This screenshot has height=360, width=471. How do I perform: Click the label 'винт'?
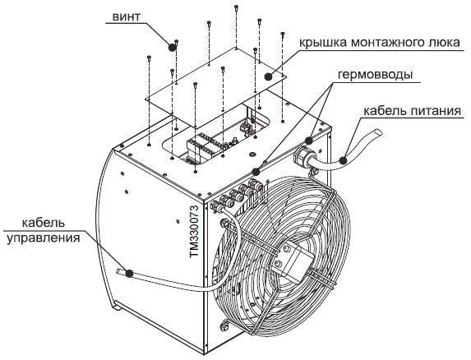(126, 16)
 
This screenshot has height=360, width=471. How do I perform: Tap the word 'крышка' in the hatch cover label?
(322, 43)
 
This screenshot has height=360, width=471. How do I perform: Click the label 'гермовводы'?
(375, 75)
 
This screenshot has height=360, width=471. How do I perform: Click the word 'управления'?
(44, 238)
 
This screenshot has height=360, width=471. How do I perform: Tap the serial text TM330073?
(194, 231)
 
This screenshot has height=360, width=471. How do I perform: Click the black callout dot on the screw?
(172, 47)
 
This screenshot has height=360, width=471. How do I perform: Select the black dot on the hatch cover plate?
(268, 76)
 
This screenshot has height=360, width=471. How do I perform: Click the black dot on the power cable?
(343, 160)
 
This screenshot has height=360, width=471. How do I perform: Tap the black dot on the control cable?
(129, 273)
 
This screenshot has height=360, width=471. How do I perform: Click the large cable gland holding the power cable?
(304, 156)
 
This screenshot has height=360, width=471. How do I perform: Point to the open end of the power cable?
(377, 132)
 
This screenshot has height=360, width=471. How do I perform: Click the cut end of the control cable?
(118, 271)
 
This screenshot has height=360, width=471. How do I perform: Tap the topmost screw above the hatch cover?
(236, 7)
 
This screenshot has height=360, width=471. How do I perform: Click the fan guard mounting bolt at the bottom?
(224, 326)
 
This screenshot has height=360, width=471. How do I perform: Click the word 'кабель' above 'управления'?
(44, 223)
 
